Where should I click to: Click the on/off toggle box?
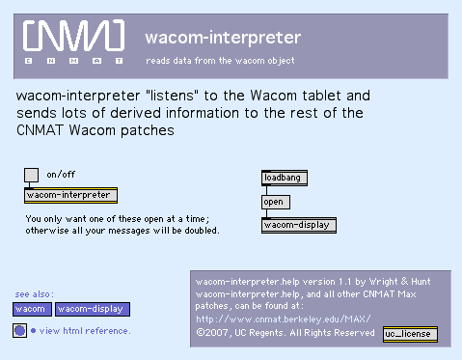pyautogui.click(x=31, y=175)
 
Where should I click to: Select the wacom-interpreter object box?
pyautogui.click(x=70, y=195)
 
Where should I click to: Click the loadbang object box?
pyautogui.click(x=285, y=178)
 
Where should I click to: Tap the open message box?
pyautogui.click(x=276, y=202)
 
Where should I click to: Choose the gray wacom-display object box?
pyautogui.click(x=299, y=225)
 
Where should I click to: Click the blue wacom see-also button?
pyautogui.click(x=32, y=309)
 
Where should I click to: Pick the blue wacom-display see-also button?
pyautogui.click(x=93, y=309)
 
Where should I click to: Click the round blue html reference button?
pyautogui.click(x=19, y=330)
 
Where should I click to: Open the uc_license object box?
pyautogui.click(x=410, y=334)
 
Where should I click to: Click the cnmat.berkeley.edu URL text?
pyautogui.click(x=284, y=319)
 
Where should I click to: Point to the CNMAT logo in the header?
pyautogui.click(x=73, y=41)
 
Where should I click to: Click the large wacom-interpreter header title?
pyautogui.click(x=223, y=38)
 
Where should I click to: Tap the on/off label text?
pyautogui.click(x=61, y=175)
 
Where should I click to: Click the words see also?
pyautogui.click(x=34, y=294)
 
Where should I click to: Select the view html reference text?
pyautogui.click(x=85, y=331)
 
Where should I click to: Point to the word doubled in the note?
pyautogui.click(x=202, y=231)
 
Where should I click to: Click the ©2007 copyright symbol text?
pyautogui.click(x=212, y=333)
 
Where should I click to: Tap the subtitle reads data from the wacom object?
pyautogui.click(x=220, y=61)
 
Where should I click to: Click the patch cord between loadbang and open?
pyautogui.click(x=266, y=190)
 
